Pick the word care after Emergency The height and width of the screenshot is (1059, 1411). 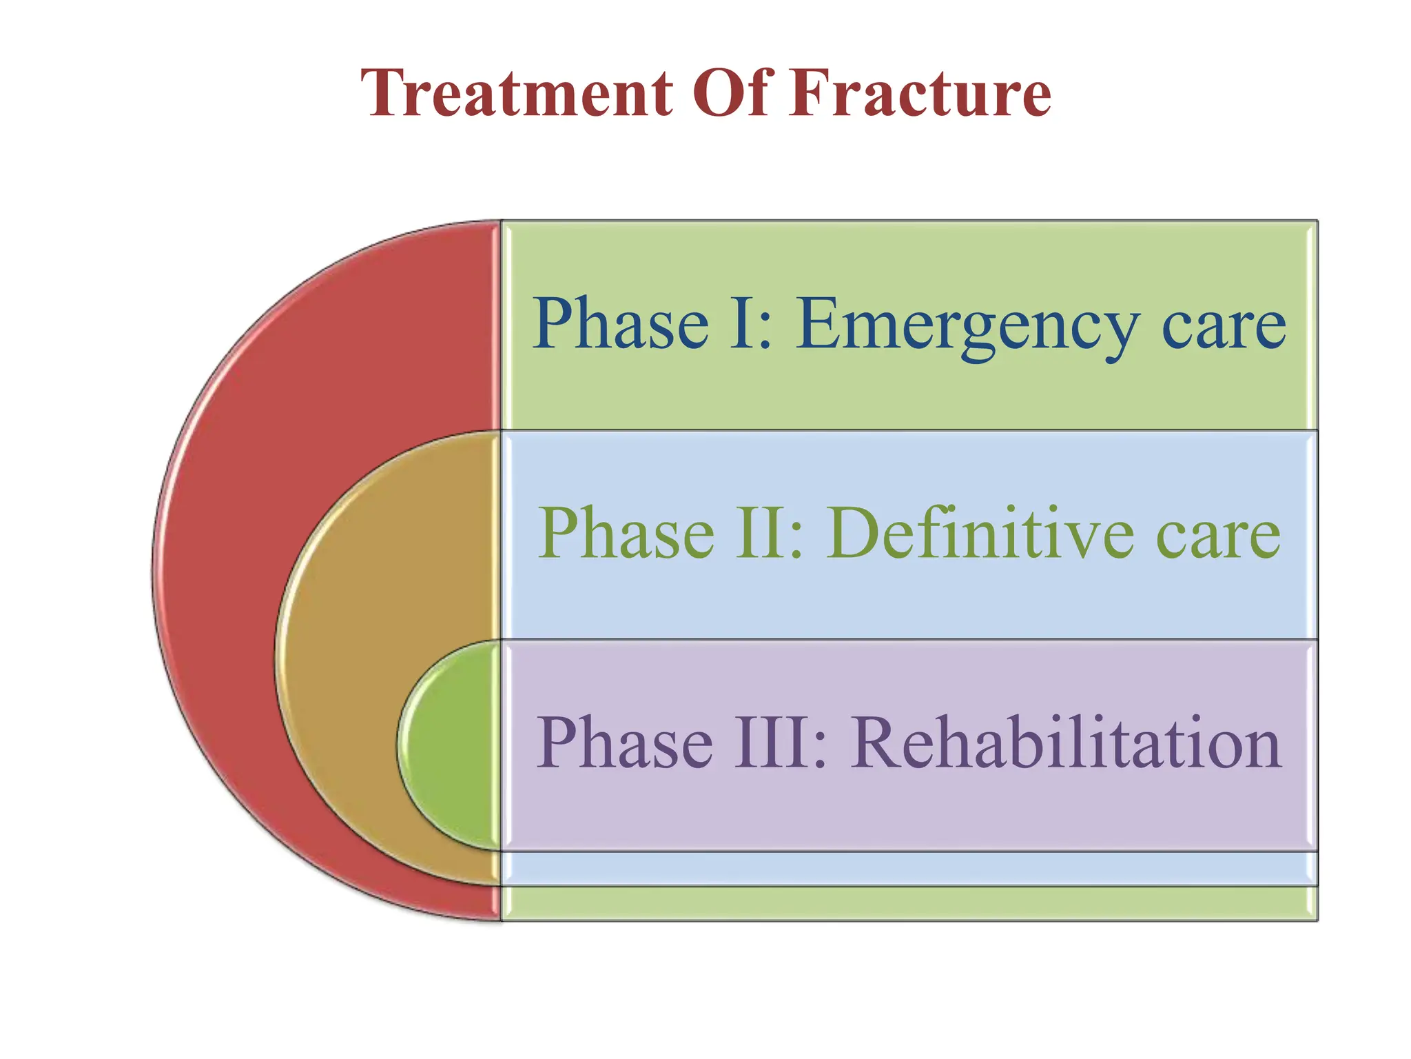click(1224, 327)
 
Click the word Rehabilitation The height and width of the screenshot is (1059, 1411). click(1067, 743)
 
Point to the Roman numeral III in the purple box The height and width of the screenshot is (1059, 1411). click(772, 743)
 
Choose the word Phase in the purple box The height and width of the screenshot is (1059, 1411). click(624, 743)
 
